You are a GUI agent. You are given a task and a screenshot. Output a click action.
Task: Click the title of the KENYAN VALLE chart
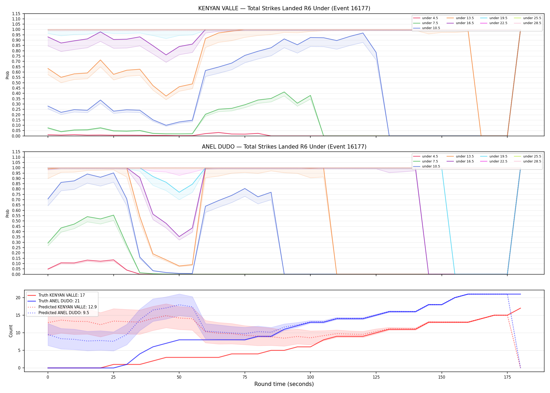pyautogui.click(x=284, y=8)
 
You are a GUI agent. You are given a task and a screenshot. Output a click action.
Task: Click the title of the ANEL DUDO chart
pyautogui.click(x=284, y=147)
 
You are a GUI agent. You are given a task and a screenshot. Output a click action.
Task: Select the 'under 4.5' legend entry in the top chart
pyautogui.click(x=426, y=18)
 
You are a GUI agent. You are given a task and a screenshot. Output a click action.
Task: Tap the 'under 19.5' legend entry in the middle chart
pyautogui.click(x=494, y=156)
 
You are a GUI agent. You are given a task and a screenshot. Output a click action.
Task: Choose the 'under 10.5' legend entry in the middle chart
pyautogui.click(x=427, y=166)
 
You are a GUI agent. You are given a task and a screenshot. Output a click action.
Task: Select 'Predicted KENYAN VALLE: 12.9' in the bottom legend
pyautogui.click(x=62, y=307)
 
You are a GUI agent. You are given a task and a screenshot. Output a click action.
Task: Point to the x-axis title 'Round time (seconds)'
pyautogui.click(x=284, y=384)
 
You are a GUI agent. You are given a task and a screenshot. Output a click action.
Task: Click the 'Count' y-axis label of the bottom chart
pyautogui.click(x=11, y=331)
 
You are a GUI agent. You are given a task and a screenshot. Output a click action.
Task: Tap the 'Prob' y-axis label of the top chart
pyautogui.click(x=8, y=75)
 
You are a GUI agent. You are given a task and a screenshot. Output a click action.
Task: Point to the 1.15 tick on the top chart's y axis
pyautogui.click(x=16, y=14)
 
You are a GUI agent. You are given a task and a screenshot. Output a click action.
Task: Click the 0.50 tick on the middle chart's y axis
pyautogui.click(x=16, y=221)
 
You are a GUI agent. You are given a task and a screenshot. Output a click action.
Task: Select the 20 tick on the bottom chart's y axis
pyautogui.click(x=18, y=298)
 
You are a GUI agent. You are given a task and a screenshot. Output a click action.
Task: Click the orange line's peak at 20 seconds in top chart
pyautogui.click(x=100, y=60)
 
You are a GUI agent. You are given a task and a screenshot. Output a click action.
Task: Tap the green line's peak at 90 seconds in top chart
pyautogui.click(x=284, y=92)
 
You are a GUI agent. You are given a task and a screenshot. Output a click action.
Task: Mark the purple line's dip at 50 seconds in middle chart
pyautogui.click(x=179, y=237)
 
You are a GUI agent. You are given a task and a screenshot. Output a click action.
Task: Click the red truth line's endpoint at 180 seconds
pyautogui.click(x=520, y=308)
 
